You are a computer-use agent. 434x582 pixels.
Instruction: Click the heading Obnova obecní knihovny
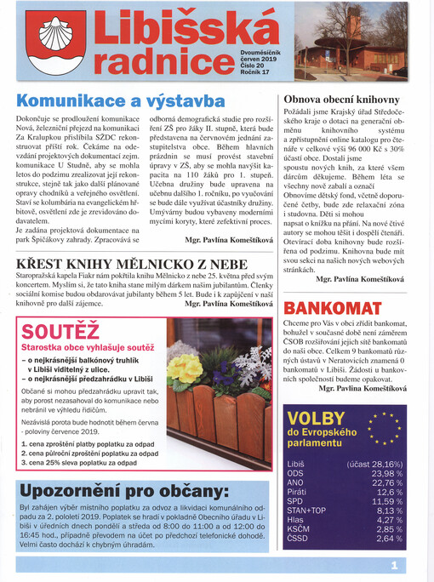click(x=343, y=99)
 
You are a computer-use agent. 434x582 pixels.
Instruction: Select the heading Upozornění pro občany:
click(x=125, y=492)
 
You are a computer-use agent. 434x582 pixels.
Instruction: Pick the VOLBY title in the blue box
click(x=316, y=418)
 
